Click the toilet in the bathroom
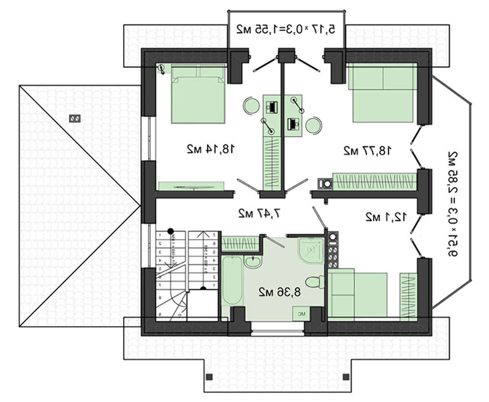click(312, 282)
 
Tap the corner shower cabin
click(310, 250)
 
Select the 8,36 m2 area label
click(279, 292)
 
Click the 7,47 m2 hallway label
click(259, 213)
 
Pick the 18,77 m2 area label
click(367, 150)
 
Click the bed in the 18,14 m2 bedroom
click(198, 94)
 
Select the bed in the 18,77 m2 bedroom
click(383, 94)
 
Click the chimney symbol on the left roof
click(75, 118)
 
